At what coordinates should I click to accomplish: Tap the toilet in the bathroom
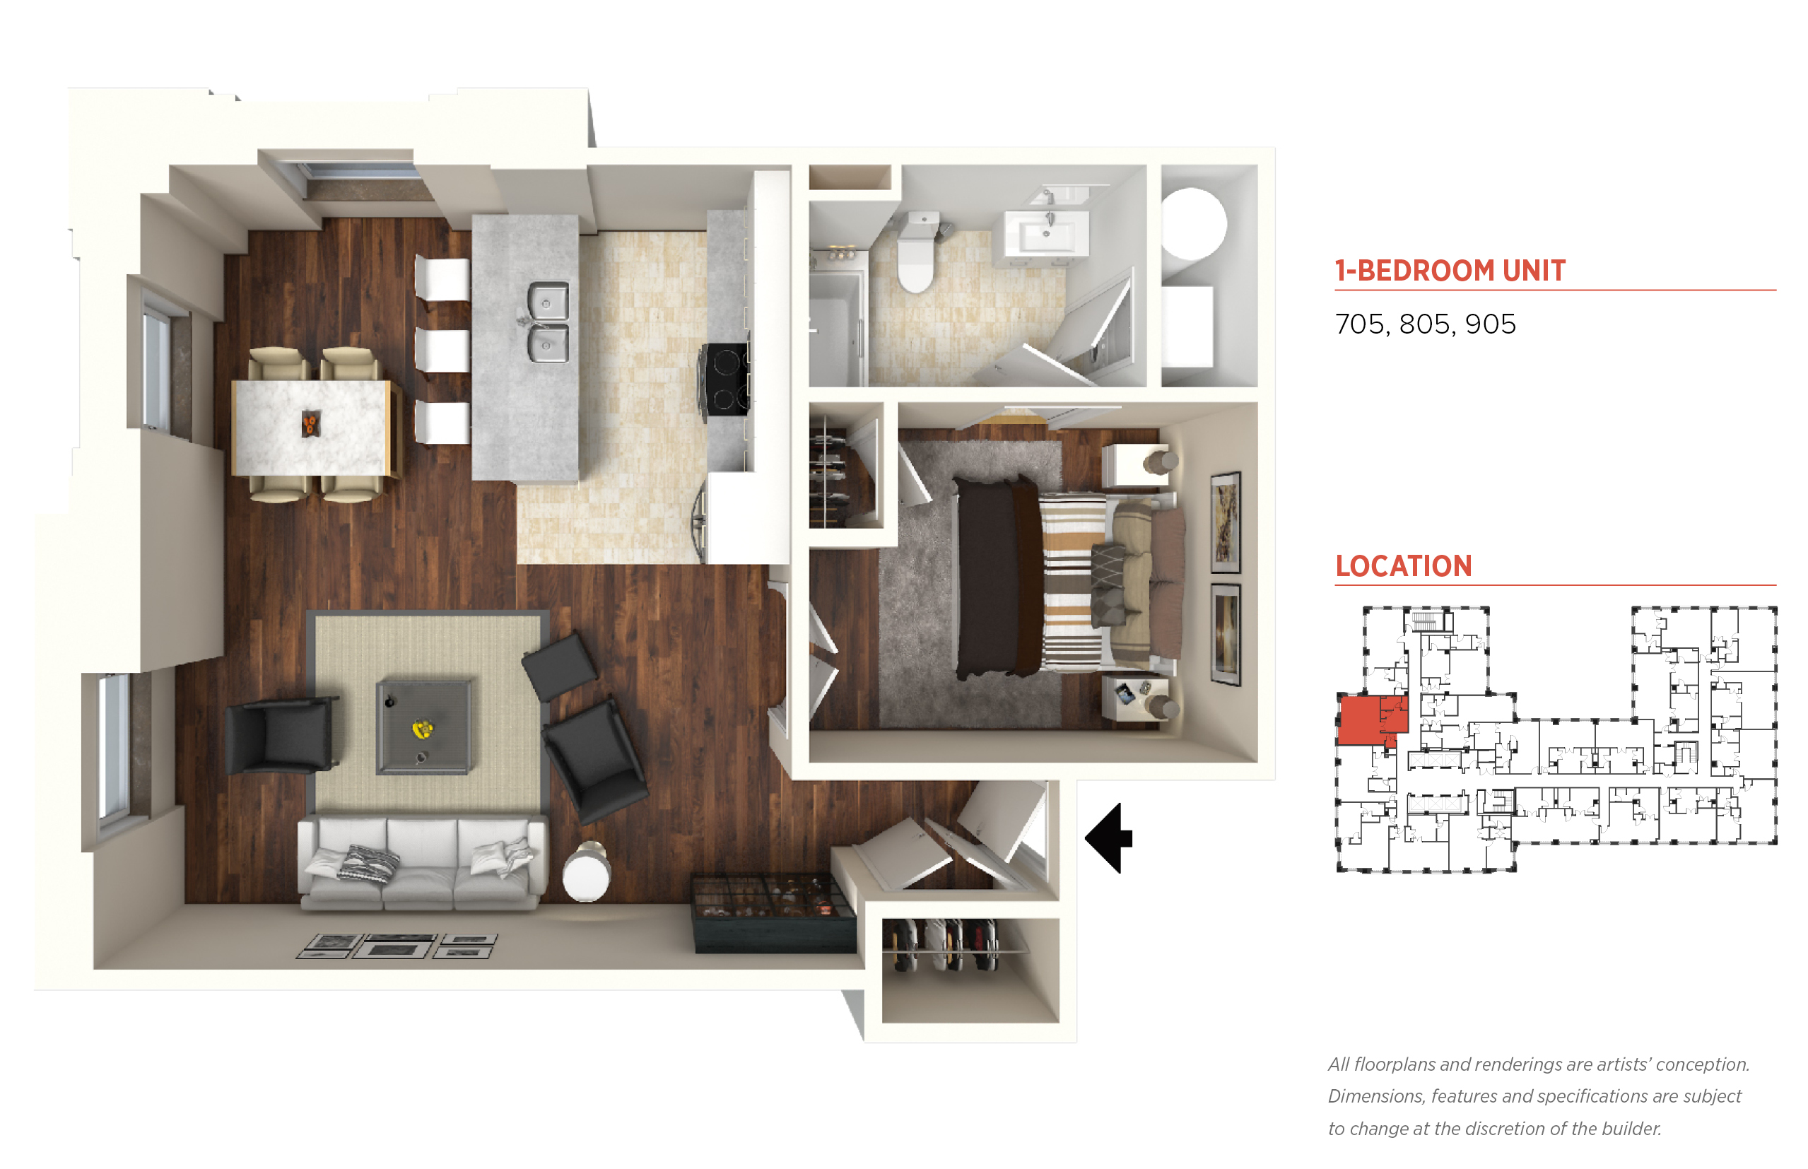click(x=916, y=252)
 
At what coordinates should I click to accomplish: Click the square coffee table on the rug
click(x=423, y=727)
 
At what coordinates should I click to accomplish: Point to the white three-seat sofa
click(x=422, y=862)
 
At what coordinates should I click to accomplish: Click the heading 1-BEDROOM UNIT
click(x=1450, y=271)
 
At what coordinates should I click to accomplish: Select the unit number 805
click(x=1425, y=324)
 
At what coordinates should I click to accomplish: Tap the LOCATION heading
click(x=1404, y=566)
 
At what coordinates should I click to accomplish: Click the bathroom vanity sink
click(x=1046, y=233)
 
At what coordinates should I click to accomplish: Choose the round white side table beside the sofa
click(x=586, y=874)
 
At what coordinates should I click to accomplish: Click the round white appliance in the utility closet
click(x=1193, y=225)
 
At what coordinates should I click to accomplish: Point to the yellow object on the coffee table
click(x=423, y=729)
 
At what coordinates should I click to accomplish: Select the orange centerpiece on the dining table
click(x=310, y=423)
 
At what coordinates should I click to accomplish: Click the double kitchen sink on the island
click(x=547, y=321)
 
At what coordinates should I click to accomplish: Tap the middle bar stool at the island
click(x=442, y=350)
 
